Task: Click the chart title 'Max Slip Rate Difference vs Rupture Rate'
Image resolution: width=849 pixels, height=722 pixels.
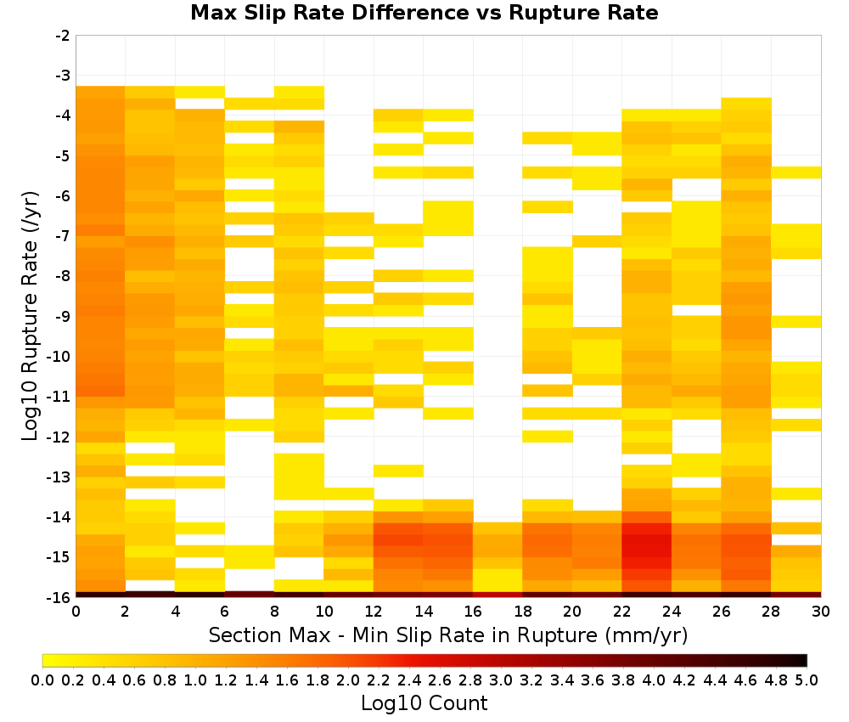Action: tap(424, 13)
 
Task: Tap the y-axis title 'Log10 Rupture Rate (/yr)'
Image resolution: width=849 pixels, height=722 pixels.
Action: tap(30, 316)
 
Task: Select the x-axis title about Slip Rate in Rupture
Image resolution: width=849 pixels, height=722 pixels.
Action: tap(448, 635)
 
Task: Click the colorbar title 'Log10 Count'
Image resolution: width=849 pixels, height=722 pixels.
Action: tap(424, 703)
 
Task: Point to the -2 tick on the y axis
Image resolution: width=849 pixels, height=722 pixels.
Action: tap(63, 36)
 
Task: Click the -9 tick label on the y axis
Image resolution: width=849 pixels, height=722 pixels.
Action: tap(63, 316)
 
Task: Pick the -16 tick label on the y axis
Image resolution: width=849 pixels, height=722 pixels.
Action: tap(59, 597)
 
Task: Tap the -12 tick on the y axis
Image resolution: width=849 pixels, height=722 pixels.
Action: tap(59, 437)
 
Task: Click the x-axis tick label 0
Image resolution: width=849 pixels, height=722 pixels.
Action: tap(76, 612)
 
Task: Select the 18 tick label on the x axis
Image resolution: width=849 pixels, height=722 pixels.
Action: tap(522, 612)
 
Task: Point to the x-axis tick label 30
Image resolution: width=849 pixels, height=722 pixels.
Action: tap(821, 612)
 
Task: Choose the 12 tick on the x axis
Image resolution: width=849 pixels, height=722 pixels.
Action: tap(374, 612)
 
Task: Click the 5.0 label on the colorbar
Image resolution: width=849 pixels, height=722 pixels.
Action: tap(807, 680)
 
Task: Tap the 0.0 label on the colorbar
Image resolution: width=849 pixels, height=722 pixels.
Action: tap(42, 680)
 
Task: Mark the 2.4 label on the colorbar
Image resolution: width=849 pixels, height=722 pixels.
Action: tap(409, 680)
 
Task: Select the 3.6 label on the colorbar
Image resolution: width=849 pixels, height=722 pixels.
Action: tap(593, 680)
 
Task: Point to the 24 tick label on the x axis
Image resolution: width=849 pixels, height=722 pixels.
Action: tap(672, 612)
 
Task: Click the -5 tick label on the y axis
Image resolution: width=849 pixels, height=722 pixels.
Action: tap(63, 156)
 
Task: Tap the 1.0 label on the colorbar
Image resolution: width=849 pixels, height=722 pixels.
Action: tap(195, 680)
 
